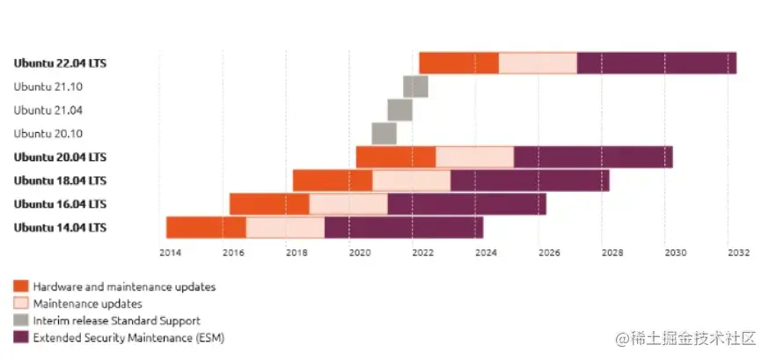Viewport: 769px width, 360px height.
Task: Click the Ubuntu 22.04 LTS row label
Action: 60,63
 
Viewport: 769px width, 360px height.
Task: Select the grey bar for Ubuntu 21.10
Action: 415,86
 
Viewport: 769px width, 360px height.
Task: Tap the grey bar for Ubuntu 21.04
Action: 399,110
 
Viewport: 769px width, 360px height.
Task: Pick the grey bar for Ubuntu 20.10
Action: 384,133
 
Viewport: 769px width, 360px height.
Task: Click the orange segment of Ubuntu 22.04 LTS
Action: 458,63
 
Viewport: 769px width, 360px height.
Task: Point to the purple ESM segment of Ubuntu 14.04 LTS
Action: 403,227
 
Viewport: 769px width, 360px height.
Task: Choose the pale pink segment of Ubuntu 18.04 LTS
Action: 411,180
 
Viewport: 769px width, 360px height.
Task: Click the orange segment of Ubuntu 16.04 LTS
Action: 269,204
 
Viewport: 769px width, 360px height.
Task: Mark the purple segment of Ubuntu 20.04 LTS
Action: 593,157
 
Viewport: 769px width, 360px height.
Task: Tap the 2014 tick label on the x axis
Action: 171,253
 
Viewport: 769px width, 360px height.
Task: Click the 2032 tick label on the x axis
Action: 737,253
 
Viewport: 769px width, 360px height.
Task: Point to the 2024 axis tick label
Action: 486,253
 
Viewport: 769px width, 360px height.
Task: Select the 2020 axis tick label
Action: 360,253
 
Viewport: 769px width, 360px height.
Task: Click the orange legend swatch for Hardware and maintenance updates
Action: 20,286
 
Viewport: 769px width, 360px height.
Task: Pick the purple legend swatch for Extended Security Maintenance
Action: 20,337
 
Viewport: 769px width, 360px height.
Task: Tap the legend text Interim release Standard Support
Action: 116,320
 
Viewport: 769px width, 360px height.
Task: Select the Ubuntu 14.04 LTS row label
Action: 60,227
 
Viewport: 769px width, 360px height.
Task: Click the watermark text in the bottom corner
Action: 686,338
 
